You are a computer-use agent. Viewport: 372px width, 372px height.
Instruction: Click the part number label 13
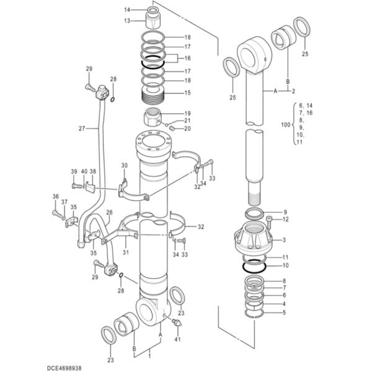click(x=126, y=20)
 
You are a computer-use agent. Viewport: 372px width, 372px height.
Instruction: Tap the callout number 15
click(x=187, y=94)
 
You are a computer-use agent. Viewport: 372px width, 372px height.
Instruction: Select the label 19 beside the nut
click(x=187, y=113)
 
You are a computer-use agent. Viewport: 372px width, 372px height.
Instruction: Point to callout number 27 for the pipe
click(x=81, y=128)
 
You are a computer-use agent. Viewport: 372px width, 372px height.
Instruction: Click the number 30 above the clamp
click(x=124, y=166)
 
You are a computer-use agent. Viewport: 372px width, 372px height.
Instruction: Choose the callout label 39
click(x=74, y=172)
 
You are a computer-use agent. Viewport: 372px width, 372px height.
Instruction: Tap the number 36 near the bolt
click(x=55, y=197)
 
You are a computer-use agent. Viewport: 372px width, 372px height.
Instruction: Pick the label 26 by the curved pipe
click(x=109, y=213)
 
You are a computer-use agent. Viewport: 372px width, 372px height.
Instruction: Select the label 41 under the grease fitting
click(x=177, y=339)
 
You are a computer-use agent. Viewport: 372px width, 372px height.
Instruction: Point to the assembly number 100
click(x=285, y=125)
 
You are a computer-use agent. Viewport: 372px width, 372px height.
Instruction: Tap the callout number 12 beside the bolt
click(x=285, y=219)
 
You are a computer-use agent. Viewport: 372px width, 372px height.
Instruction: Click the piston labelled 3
click(x=256, y=239)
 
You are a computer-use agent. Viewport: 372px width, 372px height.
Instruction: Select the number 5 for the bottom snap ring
click(x=285, y=312)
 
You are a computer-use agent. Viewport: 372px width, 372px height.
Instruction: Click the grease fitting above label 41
click(x=178, y=324)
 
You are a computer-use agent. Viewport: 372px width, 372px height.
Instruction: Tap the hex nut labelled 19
click(x=153, y=116)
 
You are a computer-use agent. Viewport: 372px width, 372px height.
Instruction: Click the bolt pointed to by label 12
click(x=268, y=219)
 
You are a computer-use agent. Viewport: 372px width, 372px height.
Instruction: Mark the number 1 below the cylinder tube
click(x=148, y=358)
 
